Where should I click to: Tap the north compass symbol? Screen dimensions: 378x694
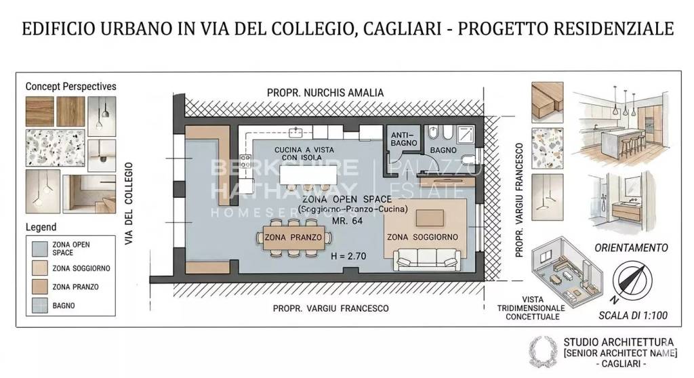click(x=631, y=283)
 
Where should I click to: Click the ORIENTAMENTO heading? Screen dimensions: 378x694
click(x=631, y=247)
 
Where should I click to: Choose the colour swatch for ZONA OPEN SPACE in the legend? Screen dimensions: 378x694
click(x=38, y=248)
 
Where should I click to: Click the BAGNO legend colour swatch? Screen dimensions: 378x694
click(x=38, y=306)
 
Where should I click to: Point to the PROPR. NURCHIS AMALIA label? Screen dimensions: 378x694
click(x=325, y=92)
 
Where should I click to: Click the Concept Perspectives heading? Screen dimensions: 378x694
click(x=70, y=87)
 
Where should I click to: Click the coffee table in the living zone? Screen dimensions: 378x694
click(x=429, y=218)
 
